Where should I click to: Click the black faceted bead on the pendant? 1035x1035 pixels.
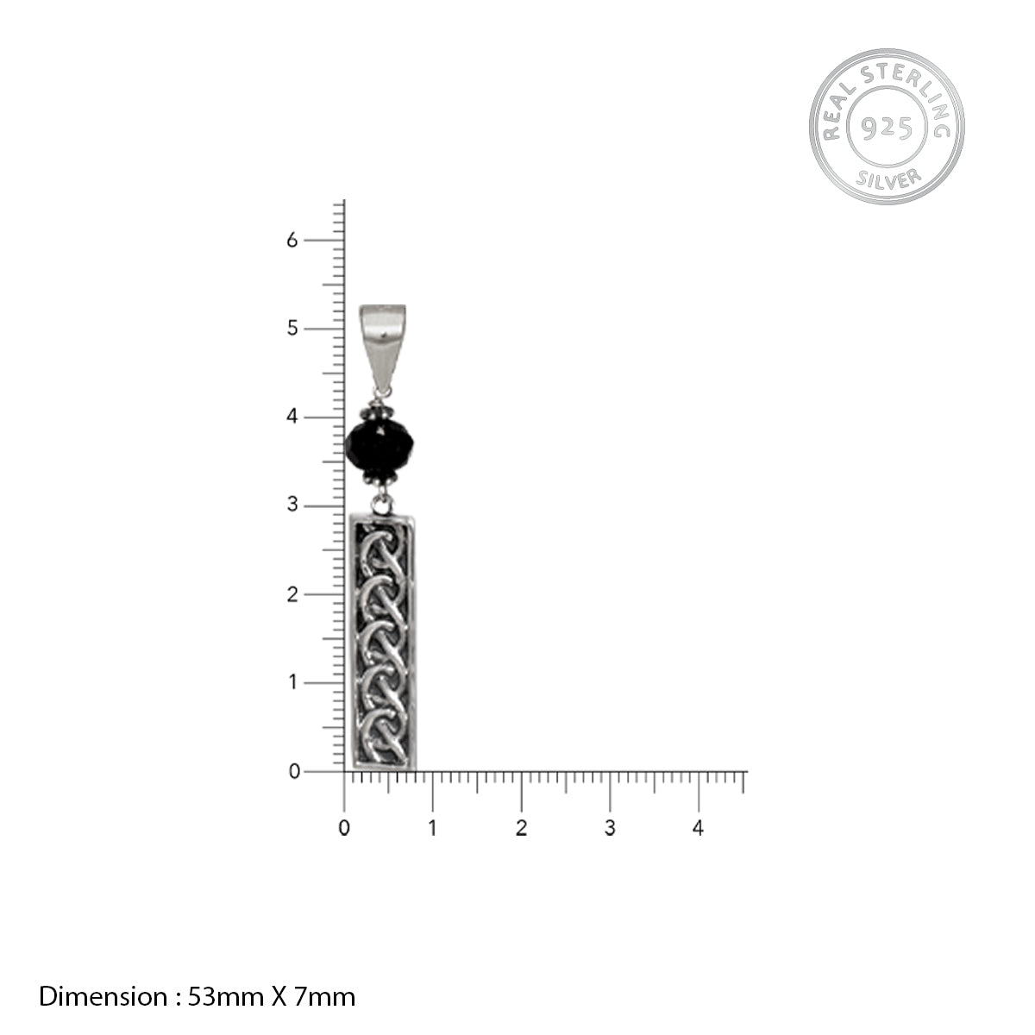[379, 445]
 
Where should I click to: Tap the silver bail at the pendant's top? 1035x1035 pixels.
[382, 347]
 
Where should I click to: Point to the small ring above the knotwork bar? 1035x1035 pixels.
[382, 505]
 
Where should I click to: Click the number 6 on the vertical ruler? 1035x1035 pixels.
[292, 240]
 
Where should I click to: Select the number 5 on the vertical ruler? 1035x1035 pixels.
[292, 328]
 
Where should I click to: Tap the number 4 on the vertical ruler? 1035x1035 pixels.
[292, 417]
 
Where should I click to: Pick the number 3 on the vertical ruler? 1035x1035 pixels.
[292, 505]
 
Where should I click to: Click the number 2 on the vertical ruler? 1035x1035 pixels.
[292, 594]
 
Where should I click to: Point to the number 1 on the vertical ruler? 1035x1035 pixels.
[292, 682]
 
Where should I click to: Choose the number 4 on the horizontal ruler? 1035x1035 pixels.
[698, 828]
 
